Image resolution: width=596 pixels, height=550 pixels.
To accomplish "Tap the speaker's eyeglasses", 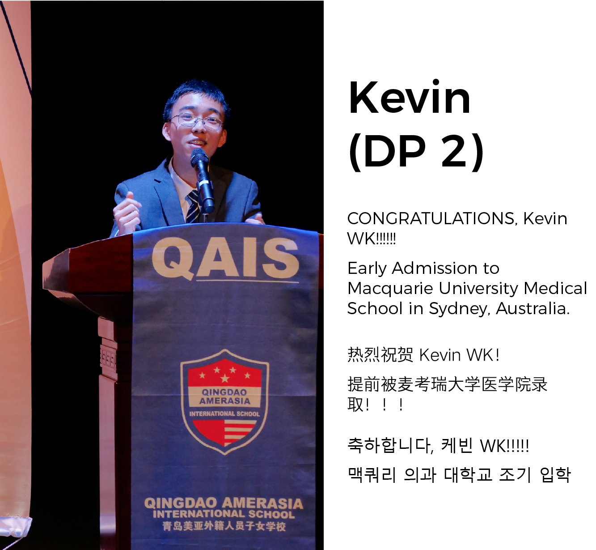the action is [x=197, y=121].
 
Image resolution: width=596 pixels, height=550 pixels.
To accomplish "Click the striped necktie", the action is [x=193, y=206].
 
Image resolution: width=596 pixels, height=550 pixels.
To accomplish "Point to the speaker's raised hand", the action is [x=126, y=212].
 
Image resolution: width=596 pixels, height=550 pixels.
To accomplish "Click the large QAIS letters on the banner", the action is [x=225, y=259].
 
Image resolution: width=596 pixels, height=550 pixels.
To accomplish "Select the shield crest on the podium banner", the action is [x=224, y=402].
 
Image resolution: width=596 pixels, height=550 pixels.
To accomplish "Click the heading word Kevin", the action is [x=409, y=97].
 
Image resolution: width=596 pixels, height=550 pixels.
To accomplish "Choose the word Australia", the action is [x=533, y=308].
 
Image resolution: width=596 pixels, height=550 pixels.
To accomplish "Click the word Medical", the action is [x=555, y=288].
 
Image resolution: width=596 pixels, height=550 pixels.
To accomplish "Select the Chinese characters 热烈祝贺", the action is [x=380, y=355].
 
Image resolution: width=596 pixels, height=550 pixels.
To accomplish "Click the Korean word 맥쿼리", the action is [x=372, y=475].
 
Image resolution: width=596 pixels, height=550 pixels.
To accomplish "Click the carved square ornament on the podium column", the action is [x=108, y=358].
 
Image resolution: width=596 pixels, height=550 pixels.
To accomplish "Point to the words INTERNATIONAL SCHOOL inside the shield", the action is [x=224, y=414].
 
